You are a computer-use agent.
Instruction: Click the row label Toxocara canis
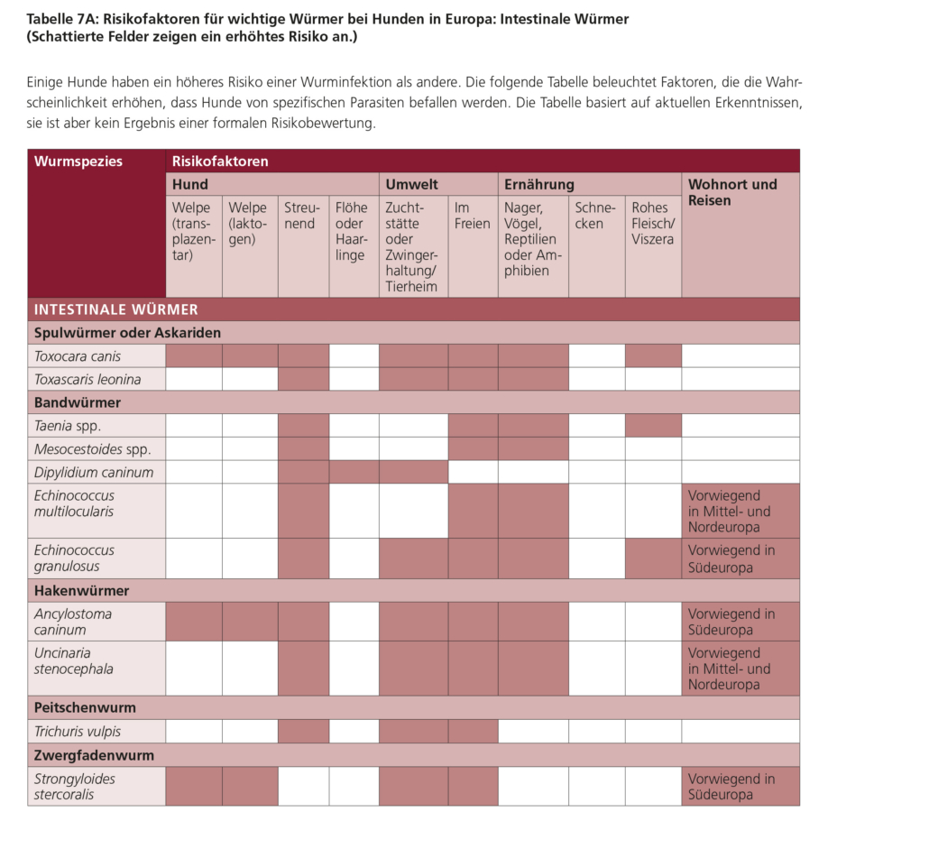[78, 356]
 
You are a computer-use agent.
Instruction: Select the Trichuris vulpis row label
[78, 732]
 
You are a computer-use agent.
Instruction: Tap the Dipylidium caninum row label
[94, 472]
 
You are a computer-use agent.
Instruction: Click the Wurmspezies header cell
[78, 161]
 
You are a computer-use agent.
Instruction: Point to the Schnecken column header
[595, 216]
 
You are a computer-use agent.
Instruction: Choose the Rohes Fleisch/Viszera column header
[652, 224]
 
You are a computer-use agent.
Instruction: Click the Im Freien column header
[473, 216]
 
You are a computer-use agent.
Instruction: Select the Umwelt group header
[411, 184]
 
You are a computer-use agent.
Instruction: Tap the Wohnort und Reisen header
[732, 192]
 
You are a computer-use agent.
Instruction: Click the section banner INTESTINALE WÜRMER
[116, 309]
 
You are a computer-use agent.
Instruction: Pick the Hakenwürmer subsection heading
[82, 591]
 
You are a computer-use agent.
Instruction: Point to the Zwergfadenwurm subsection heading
[95, 755]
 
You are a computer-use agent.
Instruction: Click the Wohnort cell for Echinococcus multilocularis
[740, 511]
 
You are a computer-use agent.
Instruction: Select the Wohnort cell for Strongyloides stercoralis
[740, 787]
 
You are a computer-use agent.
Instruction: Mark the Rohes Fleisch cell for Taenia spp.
[652, 425]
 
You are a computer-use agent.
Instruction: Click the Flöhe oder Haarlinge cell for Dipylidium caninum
[354, 472]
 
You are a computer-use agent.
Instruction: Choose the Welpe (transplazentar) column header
[193, 232]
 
